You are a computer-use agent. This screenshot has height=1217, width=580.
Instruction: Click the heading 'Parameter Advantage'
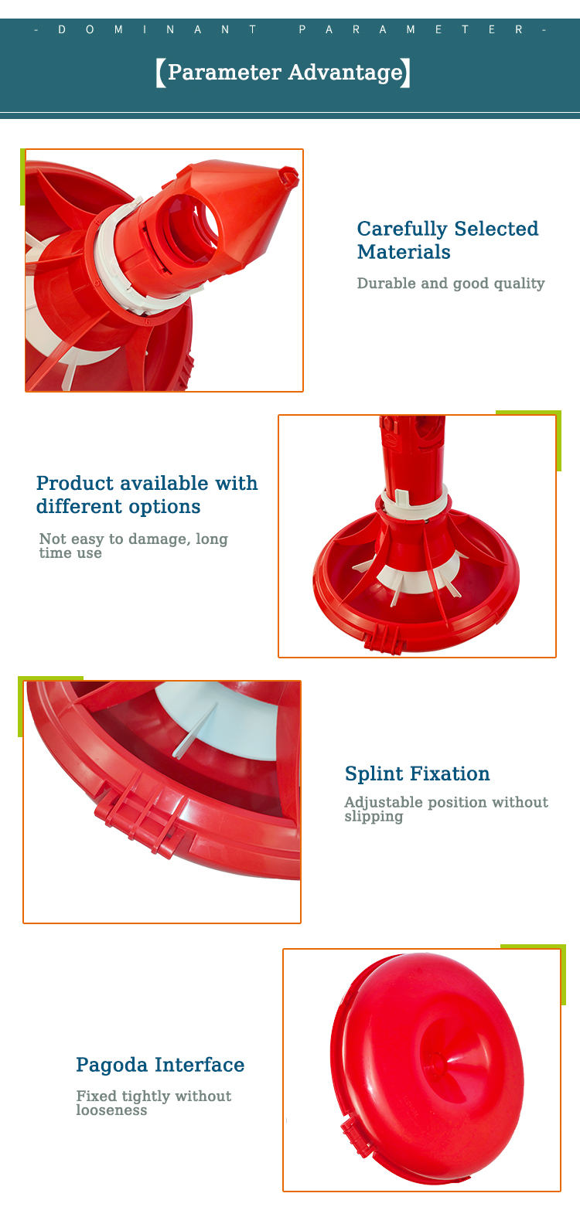(285, 73)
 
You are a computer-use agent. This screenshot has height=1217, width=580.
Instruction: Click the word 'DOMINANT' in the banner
(157, 30)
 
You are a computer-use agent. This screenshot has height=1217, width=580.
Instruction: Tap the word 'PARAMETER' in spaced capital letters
(411, 30)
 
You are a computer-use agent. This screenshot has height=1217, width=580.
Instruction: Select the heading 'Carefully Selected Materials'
(447, 240)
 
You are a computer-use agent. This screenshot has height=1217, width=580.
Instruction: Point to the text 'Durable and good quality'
(451, 283)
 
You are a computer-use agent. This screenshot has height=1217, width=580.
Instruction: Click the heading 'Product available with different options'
(147, 495)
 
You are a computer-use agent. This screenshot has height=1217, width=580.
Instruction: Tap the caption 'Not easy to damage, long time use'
(133, 546)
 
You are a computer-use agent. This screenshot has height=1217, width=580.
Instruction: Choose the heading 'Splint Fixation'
(417, 773)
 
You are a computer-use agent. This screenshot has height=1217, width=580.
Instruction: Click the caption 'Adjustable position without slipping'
(446, 809)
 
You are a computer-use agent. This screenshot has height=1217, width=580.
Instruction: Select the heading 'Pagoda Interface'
(160, 1066)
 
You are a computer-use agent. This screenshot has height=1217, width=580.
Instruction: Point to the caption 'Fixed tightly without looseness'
(153, 1103)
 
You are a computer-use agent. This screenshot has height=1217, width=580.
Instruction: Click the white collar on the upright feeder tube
(415, 501)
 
